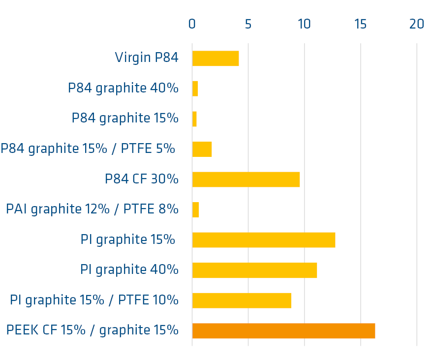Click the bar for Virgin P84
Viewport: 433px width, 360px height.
(216, 59)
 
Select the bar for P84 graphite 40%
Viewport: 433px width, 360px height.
(195, 89)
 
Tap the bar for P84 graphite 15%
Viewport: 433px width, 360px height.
(194, 119)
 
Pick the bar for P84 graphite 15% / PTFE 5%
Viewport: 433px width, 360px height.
(202, 150)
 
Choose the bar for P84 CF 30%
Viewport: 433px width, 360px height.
(246, 180)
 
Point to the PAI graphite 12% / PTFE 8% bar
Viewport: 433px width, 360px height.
(195, 210)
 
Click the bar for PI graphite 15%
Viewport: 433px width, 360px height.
(263, 240)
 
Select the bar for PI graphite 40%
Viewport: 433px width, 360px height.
(254, 270)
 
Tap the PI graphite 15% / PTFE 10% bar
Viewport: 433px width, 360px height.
(242, 300)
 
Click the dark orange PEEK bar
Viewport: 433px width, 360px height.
(283, 330)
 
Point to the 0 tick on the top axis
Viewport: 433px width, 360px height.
(192, 24)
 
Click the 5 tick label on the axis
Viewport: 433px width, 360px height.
(248, 24)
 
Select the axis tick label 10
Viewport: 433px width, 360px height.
(304, 24)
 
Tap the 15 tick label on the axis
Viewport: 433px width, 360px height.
(361, 24)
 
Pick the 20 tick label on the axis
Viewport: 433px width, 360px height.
(417, 24)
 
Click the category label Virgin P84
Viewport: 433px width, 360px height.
(146, 58)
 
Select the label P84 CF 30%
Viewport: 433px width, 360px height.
(141, 179)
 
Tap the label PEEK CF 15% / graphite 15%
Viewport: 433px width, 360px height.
(92, 330)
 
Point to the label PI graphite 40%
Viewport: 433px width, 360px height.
(129, 270)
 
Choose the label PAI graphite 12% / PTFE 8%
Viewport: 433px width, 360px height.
(92, 210)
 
